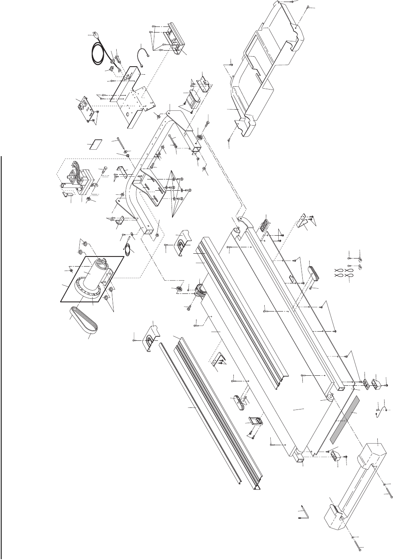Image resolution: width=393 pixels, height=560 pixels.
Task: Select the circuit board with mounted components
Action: coord(85,107)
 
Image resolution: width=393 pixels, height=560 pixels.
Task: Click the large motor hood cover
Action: coord(265,72)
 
